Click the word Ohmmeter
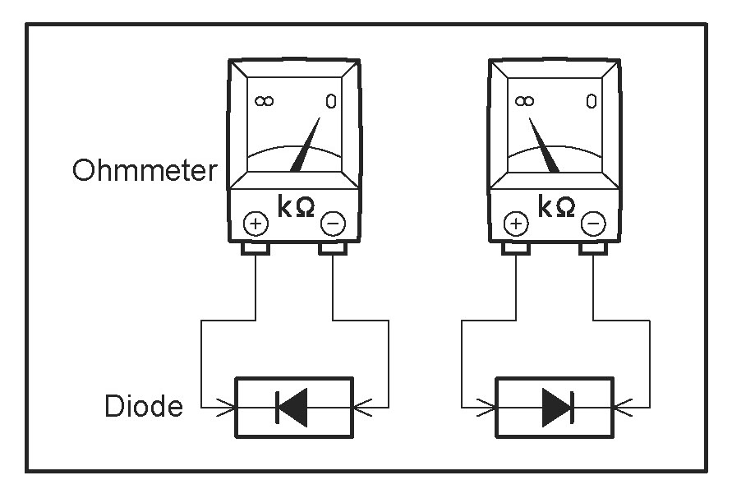145,170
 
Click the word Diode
143,405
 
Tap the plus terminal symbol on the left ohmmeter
256,224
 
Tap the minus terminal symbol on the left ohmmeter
333,224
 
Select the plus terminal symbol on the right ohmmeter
516,224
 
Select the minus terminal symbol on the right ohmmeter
593,224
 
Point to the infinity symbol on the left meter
265,101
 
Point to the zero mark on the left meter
331,101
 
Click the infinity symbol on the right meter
525,101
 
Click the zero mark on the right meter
592,101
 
